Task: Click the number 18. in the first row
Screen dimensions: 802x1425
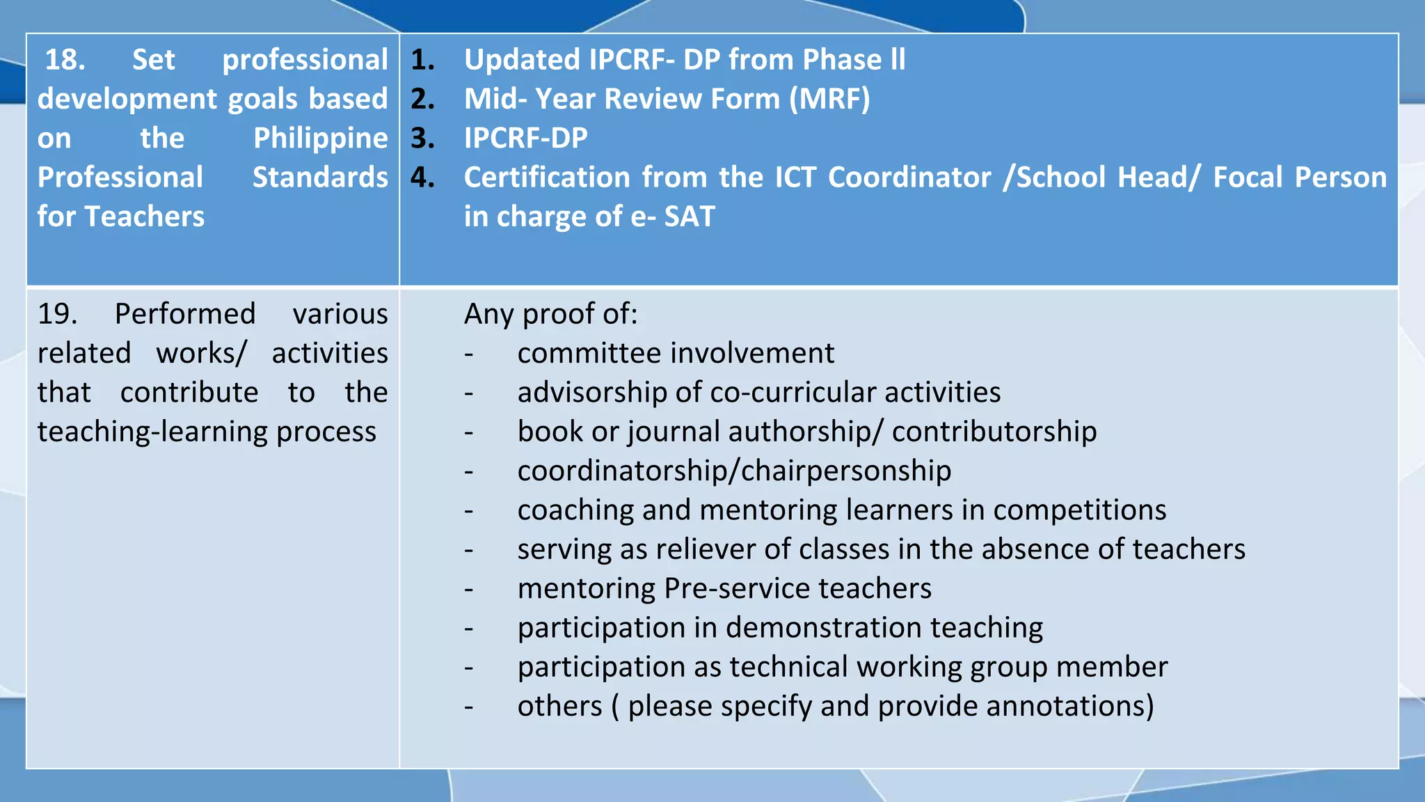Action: (65, 60)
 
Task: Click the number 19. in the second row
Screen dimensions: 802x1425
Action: (57, 314)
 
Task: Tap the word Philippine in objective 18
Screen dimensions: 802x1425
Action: (320, 139)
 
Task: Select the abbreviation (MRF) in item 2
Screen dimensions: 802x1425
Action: (829, 99)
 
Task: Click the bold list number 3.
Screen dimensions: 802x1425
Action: (422, 138)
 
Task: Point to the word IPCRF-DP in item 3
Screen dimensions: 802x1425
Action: (525, 138)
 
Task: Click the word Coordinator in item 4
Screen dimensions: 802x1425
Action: (909, 178)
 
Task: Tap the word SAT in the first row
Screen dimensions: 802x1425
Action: (689, 217)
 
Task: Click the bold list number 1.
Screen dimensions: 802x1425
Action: (422, 60)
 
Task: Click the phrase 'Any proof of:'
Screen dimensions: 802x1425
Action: (550, 314)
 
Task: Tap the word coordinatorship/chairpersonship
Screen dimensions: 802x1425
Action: (734, 471)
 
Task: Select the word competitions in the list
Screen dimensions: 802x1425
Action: (1079, 510)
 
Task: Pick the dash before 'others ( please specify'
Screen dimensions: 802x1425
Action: (469, 707)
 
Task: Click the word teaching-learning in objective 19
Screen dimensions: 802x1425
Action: (152, 432)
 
